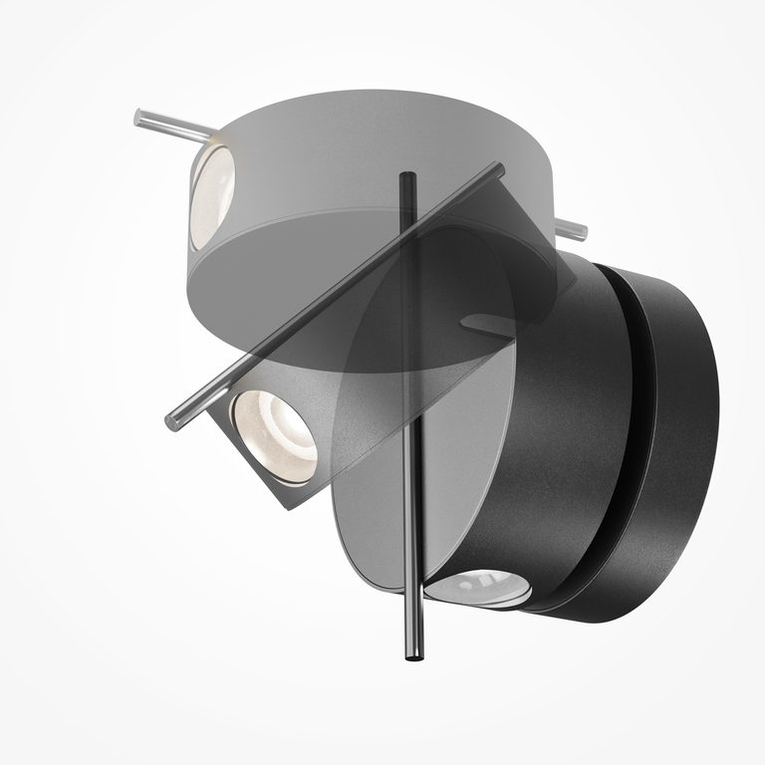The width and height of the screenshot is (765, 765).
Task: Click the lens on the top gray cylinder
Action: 211,192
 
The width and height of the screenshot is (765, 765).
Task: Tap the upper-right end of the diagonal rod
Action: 498,169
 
